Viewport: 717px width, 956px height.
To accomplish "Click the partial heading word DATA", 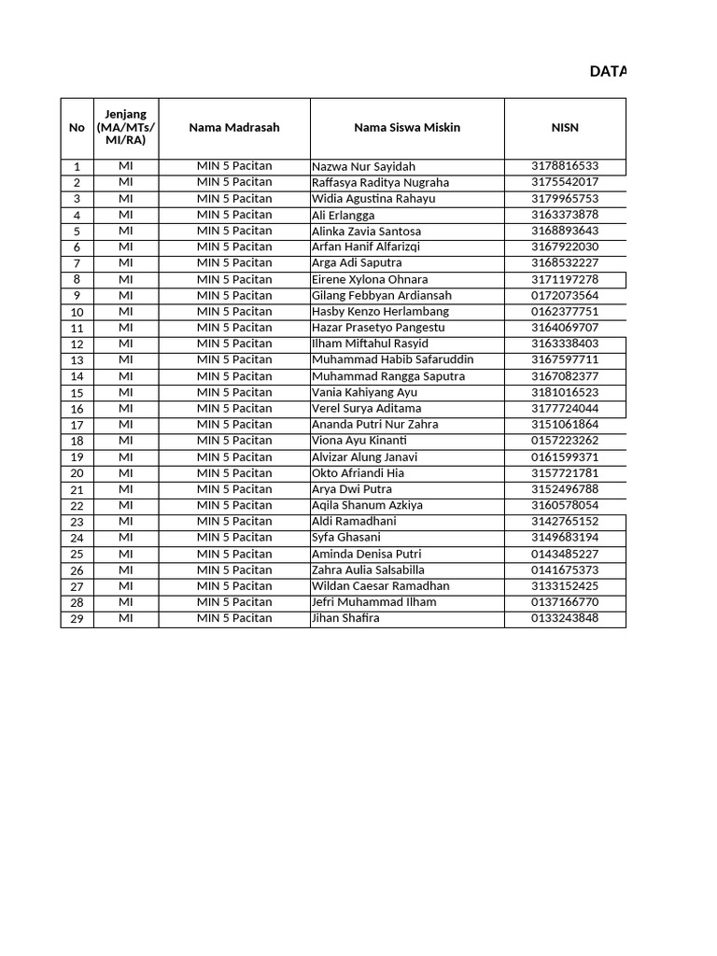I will tap(608, 72).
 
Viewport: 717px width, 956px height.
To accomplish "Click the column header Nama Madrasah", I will tap(233, 128).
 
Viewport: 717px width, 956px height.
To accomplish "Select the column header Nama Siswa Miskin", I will tap(406, 128).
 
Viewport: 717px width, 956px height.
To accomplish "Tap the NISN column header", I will tap(564, 128).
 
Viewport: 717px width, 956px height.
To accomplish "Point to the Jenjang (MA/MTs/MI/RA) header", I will tap(126, 128).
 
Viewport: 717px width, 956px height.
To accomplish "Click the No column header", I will tap(77, 128).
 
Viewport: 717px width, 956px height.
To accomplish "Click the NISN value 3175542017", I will tap(564, 182).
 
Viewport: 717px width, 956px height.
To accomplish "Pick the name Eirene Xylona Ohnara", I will tap(370, 279).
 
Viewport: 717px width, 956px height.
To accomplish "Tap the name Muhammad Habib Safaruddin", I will tap(392, 359).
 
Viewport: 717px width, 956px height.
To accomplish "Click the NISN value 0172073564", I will tap(564, 295).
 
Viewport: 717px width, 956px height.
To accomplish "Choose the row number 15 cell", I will tap(77, 393).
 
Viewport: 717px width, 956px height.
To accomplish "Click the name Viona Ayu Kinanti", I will tap(359, 441).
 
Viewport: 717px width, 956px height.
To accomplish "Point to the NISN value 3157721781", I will tap(564, 473).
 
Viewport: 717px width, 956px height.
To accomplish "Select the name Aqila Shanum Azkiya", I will tap(367, 505).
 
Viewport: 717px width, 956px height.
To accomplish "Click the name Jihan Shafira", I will tap(345, 618).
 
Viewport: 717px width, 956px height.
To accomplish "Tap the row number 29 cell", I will tap(77, 619).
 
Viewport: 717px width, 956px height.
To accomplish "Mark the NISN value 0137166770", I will tap(564, 602).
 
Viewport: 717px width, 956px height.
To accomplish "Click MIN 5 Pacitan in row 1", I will tap(233, 166).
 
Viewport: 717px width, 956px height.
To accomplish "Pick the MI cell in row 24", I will tap(126, 538).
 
